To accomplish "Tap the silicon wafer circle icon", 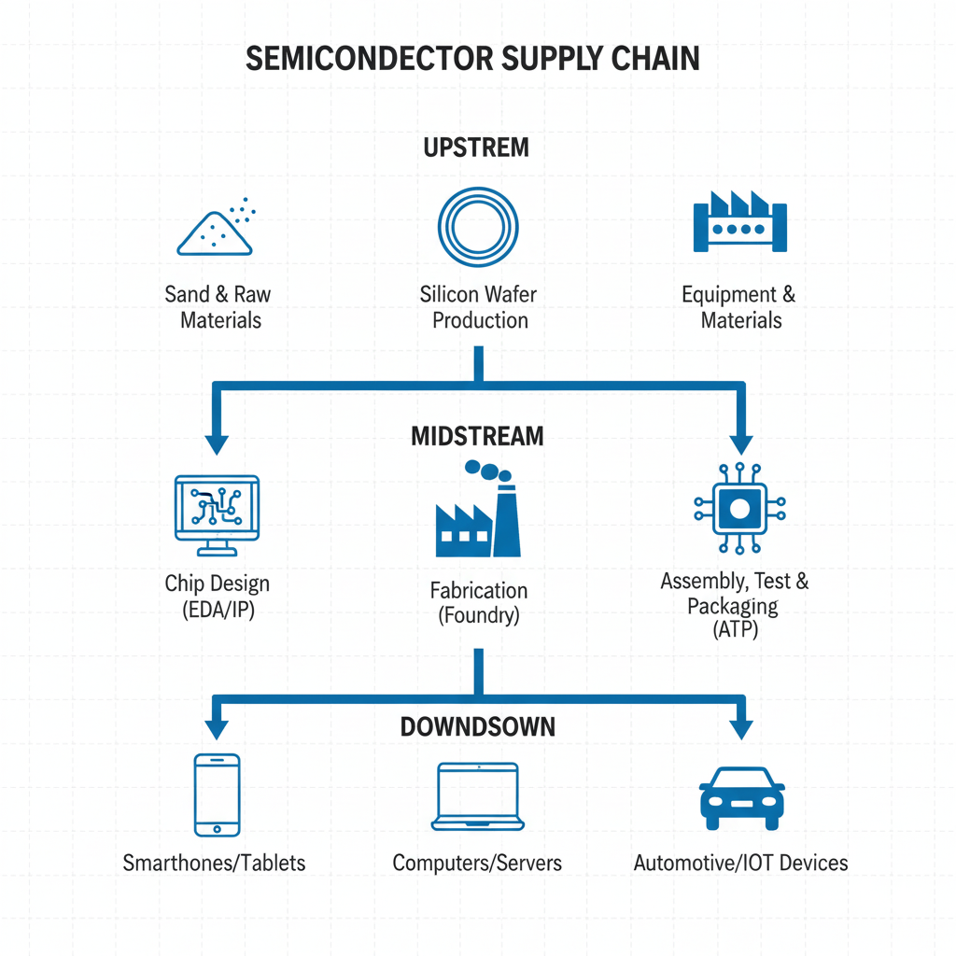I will coord(478,226).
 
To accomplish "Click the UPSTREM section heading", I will coord(476,148).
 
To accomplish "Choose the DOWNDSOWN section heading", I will coord(478,725).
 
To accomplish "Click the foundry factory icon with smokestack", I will coord(478,512).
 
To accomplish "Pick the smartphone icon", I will coord(217,794).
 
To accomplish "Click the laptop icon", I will coord(478,796).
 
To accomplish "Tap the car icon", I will coord(741,798).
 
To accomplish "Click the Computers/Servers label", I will coord(477,863).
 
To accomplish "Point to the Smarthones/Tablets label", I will coord(214,863).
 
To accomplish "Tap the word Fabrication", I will coord(478,591).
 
